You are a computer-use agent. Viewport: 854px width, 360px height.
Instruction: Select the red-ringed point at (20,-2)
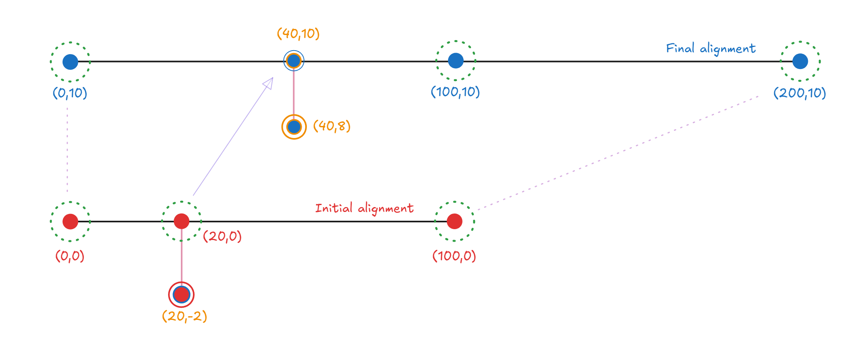pyautogui.click(x=181, y=295)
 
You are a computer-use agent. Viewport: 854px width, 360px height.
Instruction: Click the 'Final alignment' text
pyautogui.click(x=710, y=49)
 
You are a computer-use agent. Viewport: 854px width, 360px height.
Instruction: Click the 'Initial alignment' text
pyautogui.click(x=364, y=208)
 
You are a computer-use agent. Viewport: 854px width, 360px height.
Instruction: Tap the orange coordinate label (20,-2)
pyautogui.click(x=185, y=316)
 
